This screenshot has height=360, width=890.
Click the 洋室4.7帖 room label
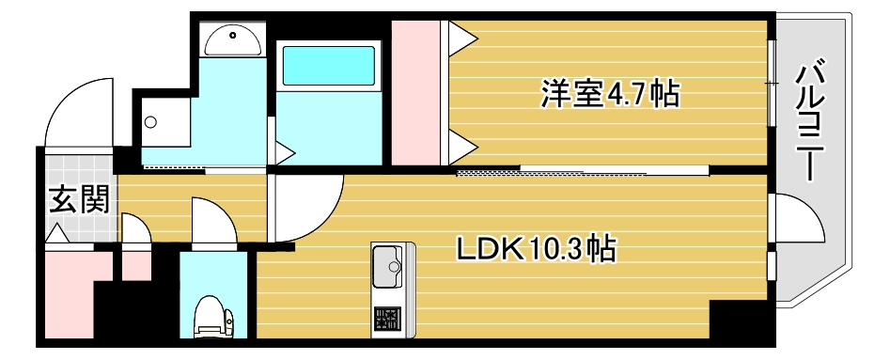click(x=608, y=94)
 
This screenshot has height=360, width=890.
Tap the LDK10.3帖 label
click(x=537, y=249)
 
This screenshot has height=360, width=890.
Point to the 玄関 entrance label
click(x=79, y=199)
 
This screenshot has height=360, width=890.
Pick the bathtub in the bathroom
click(x=329, y=65)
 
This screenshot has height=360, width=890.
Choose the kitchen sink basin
click(x=386, y=266)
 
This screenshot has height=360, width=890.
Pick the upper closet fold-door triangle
click(x=461, y=39)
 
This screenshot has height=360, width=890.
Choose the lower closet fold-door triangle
click(x=461, y=143)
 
